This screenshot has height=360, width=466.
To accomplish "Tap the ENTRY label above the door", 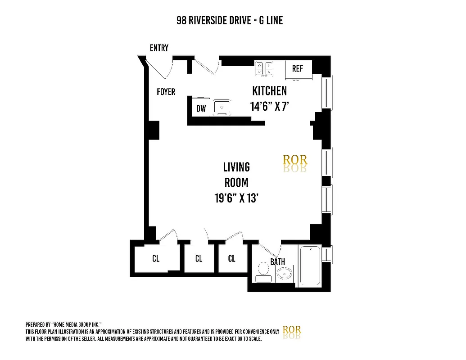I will click(x=159, y=48).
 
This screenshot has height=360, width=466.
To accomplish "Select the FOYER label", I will click(x=166, y=92).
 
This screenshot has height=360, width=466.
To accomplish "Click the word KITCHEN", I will click(x=269, y=91).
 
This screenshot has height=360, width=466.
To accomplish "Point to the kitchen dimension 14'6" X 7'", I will click(x=269, y=107).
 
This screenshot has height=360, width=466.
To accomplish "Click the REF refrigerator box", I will click(x=298, y=69).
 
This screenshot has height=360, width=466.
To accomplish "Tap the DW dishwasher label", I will click(x=201, y=108).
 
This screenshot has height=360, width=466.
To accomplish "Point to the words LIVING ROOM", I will click(x=236, y=175).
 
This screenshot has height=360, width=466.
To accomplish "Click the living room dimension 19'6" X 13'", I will click(x=236, y=198).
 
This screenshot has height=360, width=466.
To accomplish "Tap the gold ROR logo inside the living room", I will click(x=294, y=161).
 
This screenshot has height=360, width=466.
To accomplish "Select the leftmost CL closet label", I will click(x=156, y=259).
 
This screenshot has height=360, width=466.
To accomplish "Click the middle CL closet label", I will click(x=199, y=259).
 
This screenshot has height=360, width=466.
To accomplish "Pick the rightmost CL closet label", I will click(x=231, y=259).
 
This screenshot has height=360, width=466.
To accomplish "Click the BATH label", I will click(x=277, y=262).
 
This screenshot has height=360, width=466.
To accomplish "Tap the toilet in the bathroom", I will click(x=263, y=272).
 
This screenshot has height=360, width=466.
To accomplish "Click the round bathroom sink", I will click(x=284, y=273).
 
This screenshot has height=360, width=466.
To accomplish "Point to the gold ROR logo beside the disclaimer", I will click(x=291, y=331).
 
